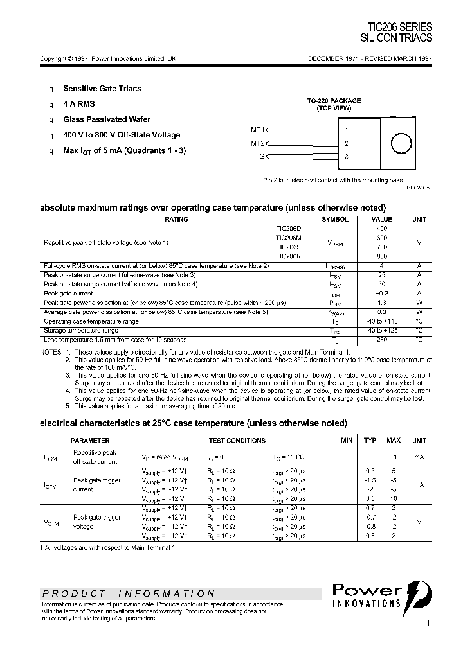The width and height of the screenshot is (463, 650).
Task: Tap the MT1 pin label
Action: (x=257, y=129)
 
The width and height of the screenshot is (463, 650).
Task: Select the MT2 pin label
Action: (x=257, y=143)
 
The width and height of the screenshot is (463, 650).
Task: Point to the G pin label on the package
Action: (x=262, y=157)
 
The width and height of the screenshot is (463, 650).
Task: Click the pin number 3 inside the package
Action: (x=347, y=157)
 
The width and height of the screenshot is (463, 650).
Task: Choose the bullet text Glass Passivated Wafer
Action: (x=107, y=119)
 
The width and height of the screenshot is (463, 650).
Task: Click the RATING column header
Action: (x=176, y=220)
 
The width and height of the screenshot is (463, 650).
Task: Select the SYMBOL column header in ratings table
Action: (x=335, y=220)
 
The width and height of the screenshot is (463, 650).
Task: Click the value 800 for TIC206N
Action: (x=381, y=256)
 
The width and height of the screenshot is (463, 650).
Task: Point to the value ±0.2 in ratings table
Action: (x=381, y=293)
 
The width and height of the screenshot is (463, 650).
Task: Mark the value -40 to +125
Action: (x=381, y=330)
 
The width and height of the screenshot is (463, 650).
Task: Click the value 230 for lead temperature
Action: (x=381, y=339)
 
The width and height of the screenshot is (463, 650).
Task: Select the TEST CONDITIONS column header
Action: (x=237, y=441)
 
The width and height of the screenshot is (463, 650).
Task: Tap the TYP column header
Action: (x=370, y=441)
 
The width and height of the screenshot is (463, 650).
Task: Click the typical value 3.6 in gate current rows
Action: (x=370, y=498)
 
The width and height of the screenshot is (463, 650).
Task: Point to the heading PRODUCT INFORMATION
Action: (x=129, y=593)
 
